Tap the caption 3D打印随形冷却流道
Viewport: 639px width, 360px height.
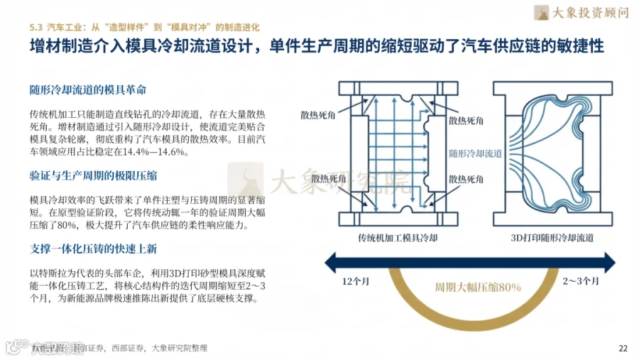pyautogui.click(x=552, y=237)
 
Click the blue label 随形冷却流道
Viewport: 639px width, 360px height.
pyautogui.click(x=476, y=153)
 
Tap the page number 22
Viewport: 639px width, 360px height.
pyautogui.click(x=623, y=348)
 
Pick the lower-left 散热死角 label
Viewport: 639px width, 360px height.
pyautogui.click(x=326, y=178)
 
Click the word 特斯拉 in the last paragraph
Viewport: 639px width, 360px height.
pyautogui.click(x=65, y=273)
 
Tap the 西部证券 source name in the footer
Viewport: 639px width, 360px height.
pyautogui.click(x=131, y=348)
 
